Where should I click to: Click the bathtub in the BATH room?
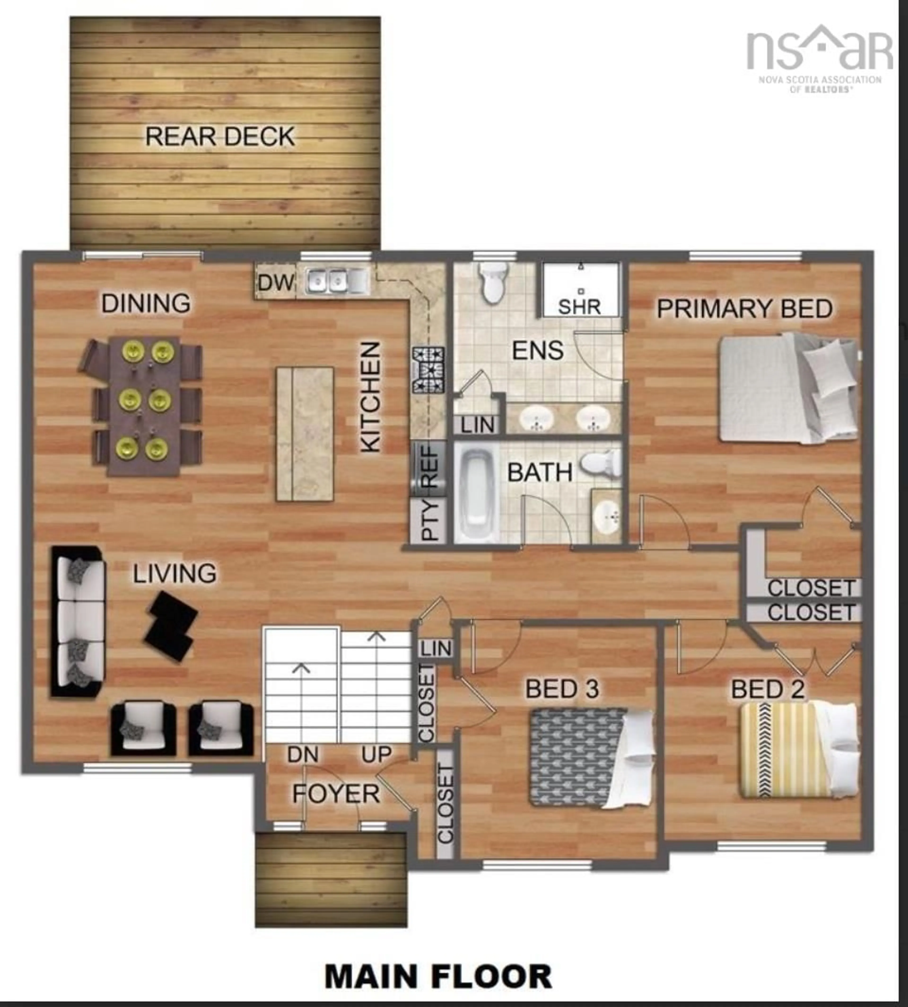[x=476, y=492]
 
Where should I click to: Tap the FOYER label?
[x=336, y=794]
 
